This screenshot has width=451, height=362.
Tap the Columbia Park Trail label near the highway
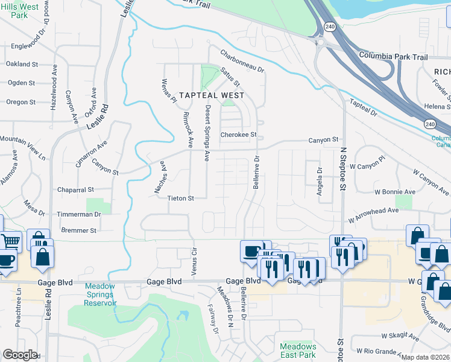pos(393,56)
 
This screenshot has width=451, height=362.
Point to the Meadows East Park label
pos(298,351)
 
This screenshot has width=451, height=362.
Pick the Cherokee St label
pos(239,135)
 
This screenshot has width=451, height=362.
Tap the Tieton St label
pos(180,198)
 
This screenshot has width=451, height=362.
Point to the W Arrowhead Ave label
pos(374,211)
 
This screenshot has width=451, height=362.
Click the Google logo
pos(20,354)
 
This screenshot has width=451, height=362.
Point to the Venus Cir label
pos(194,261)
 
